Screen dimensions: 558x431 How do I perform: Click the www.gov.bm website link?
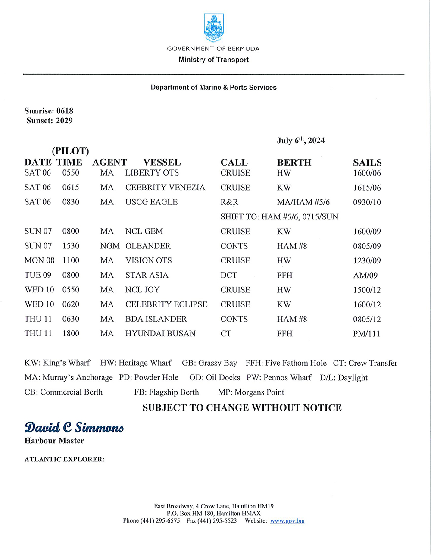[287, 521]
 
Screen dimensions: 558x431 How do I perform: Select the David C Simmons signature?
[74, 427]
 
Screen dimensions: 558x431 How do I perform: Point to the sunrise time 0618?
[65, 111]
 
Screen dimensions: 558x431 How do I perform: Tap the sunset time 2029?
[64, 121]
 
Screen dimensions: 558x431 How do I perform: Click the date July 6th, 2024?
[301, 141]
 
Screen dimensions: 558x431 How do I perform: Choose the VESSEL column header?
[162, 163]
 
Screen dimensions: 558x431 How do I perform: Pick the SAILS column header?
[367, 163]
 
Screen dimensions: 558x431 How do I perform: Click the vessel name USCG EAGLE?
[151, 202]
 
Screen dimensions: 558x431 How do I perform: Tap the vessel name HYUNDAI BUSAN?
[160, 334]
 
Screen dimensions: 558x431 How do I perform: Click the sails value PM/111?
[366, 334]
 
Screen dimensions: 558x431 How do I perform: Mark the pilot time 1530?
[71, 246]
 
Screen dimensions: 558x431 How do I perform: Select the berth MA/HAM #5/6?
[303, 202]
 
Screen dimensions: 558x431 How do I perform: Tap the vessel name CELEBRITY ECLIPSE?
[166, 304]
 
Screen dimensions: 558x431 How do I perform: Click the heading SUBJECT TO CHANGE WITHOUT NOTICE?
[242, 408]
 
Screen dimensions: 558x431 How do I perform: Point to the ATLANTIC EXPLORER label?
[64, 459]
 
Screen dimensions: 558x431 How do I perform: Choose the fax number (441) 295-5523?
[217, 521]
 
